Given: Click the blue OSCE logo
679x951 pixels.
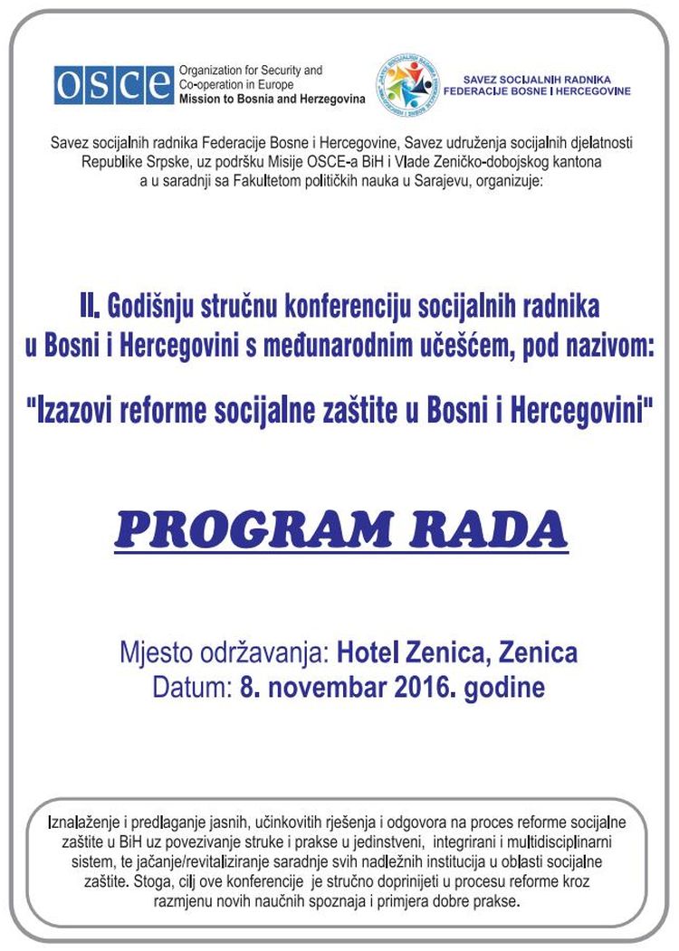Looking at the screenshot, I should coord(113,84).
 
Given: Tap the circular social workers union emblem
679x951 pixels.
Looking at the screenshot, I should coord(406,85).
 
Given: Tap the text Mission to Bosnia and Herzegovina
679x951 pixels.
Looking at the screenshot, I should coord(272,98).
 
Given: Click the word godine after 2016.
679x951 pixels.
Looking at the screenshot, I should coord(504,687).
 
